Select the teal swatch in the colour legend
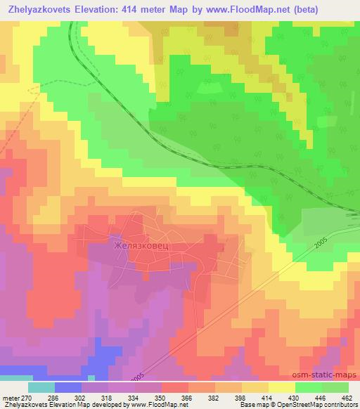pos(41,387)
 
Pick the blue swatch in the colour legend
pos(68,387)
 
